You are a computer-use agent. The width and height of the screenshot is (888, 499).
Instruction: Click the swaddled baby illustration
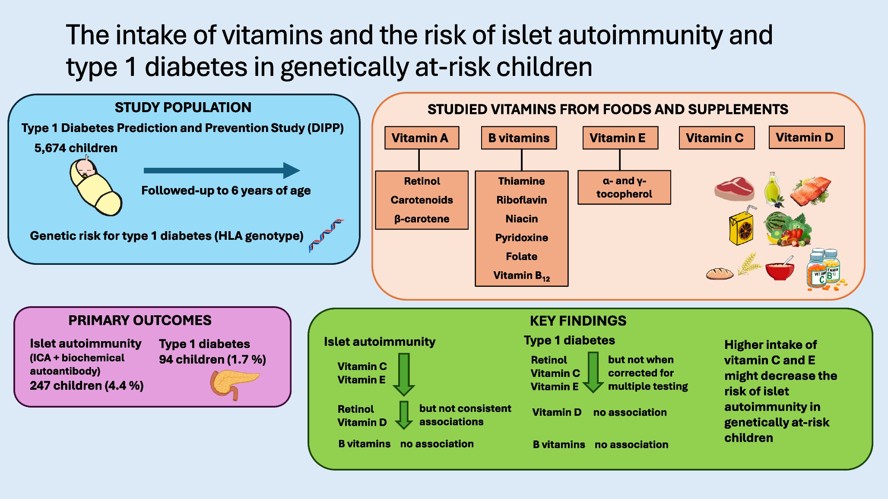pyautogui.click(x=95, y=187)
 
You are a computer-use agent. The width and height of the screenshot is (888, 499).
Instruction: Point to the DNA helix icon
pyautogui.click(x=326, y=235)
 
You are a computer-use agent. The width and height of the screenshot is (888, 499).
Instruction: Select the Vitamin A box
pyautogui.click(x=422, y=138)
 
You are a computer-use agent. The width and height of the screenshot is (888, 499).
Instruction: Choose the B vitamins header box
pyautogui.click(x=519, y=138)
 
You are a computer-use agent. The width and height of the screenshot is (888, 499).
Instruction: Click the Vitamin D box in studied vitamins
pyautogui.click(x=806, y=138)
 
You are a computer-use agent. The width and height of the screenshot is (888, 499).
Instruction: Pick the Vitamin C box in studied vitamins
pyautogui.click(x=716, y=138)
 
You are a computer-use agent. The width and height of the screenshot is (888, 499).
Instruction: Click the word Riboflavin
pyautogui.click(x=521, y=200)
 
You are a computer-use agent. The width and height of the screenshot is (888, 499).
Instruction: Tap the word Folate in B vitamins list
pyautogui.click(x=521, y=257)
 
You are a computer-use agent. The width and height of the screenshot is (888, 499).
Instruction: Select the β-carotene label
pyautogui.click(x=422, y=219)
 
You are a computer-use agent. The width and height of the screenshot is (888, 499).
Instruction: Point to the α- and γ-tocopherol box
pyautogui.click(x=624, y=188)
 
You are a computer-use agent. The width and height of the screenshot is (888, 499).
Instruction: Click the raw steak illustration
pyautogui.click(x=734, y=189)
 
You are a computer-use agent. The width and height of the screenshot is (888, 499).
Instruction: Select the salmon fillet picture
pyautogui.click(x=811, y=190)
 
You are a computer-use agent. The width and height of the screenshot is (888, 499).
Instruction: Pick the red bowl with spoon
pyautogui.click(x=780, y=270)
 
